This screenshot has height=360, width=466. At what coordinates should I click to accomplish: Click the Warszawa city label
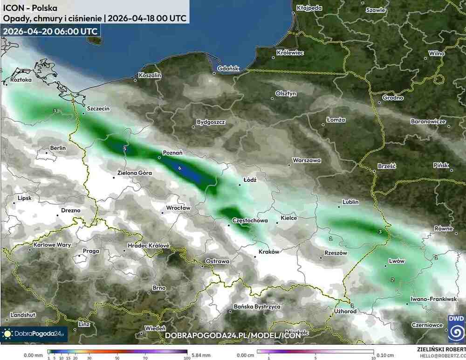coord(306,160)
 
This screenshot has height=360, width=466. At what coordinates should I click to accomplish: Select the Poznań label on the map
coord(172,152)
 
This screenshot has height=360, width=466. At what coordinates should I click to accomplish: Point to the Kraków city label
coord(269,252)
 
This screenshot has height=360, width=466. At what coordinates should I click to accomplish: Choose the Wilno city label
coord(437,54)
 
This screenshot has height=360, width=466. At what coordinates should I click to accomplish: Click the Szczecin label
coord(98,109)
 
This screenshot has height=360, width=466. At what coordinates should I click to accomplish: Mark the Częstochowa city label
coord(249,220)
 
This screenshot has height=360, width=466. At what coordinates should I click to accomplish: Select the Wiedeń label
coord(155,328)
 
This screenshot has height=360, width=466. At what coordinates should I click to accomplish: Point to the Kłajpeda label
coord(309,8)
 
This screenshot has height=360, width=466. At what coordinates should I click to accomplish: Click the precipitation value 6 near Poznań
coord(179,168)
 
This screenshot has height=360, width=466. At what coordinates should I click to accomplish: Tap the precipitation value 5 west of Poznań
coord(125,148)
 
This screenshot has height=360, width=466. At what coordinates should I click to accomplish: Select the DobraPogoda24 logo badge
coord(34,334)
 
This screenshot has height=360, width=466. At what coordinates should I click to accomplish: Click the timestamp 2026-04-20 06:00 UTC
coord(50,31)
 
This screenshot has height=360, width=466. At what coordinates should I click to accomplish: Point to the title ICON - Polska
coord(25,8)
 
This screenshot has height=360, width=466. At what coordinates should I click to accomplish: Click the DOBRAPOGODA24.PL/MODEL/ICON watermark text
coord(233,335)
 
